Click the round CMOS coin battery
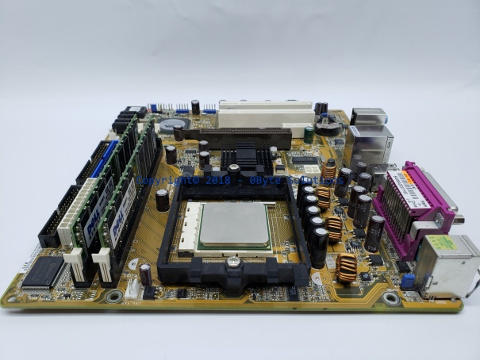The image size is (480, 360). (x=171, y=124)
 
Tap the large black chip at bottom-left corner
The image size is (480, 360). (x=44, y=271)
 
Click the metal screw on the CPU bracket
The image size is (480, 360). (x=232, y=262)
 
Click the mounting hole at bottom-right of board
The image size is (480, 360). (x=390, y=299)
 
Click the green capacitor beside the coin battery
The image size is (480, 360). (x=308, y=135)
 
